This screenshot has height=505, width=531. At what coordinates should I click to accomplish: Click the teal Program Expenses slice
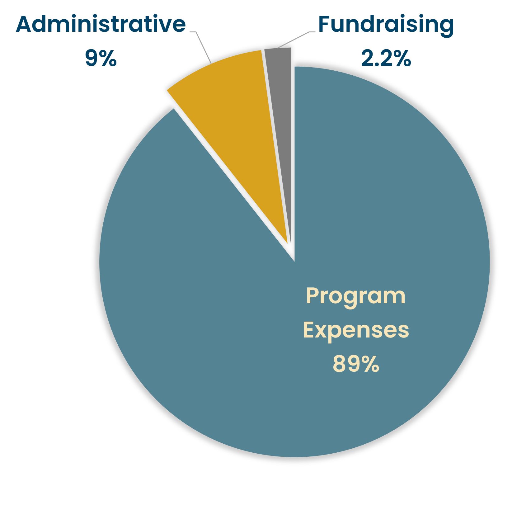pos(218,311)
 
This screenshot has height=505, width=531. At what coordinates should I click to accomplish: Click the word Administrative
pos(101,24)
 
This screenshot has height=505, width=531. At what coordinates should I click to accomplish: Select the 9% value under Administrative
pos(101,58)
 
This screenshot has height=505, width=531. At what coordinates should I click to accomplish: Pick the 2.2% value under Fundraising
pos(386,58)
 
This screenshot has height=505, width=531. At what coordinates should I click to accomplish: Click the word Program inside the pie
pos(356,296)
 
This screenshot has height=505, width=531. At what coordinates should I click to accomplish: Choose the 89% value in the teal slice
pos(356,364)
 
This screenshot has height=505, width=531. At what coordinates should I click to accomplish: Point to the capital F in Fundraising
pos(325,24)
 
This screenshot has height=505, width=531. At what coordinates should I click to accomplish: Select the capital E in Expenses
pos(309,330)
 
